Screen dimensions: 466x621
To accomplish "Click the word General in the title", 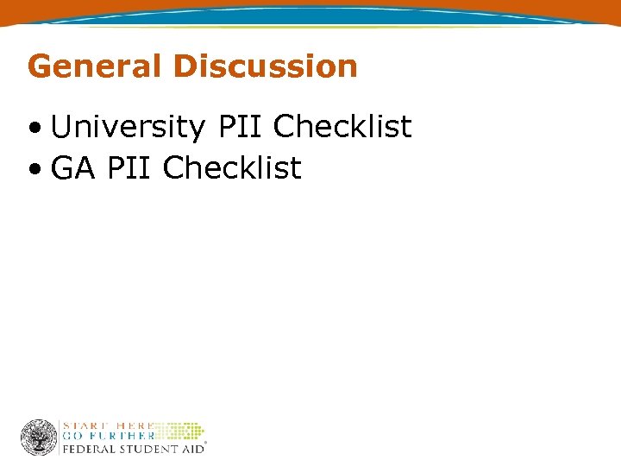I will (94, 66).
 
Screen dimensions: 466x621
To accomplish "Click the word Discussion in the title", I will (265, 66).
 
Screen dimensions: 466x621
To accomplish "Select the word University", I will (128, 128).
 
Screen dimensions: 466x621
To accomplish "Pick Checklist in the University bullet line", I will (342, 128).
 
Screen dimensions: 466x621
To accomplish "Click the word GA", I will (73, 168).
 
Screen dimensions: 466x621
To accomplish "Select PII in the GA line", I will (129, 168).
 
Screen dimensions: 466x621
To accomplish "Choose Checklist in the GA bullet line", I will (232, 168).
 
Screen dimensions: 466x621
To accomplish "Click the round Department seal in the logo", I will (39, 438).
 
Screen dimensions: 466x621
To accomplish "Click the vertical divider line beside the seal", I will (60, 438).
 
